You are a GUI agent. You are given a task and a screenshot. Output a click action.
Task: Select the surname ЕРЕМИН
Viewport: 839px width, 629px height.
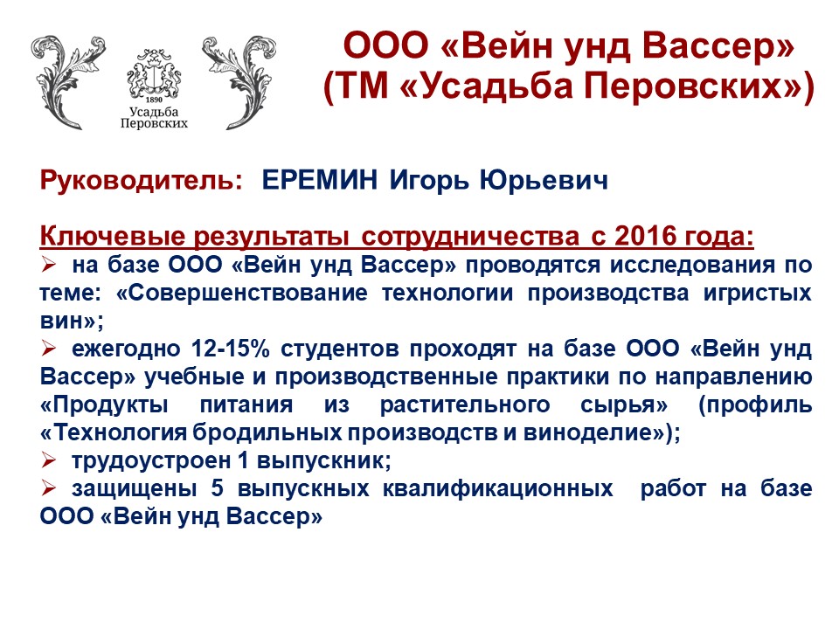point(320,180)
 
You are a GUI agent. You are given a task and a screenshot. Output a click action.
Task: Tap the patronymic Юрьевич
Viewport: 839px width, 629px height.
point(544,180)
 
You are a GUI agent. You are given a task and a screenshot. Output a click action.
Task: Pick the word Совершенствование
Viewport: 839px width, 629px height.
point(248,294)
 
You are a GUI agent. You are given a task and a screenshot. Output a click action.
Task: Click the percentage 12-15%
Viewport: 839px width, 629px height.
point(231,349)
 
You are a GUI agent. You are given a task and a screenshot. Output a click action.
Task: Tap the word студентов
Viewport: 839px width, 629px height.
point(340,349)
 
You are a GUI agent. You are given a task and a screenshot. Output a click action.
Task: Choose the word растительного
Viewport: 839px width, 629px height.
point(464,404)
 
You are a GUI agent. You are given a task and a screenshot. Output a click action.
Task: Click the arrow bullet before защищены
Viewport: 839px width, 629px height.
point(49,487)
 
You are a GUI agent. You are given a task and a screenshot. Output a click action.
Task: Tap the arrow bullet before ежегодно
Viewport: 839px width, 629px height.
point(49,349)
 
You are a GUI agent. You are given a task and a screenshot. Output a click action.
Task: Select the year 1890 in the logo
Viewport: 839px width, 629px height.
point(154,100)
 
